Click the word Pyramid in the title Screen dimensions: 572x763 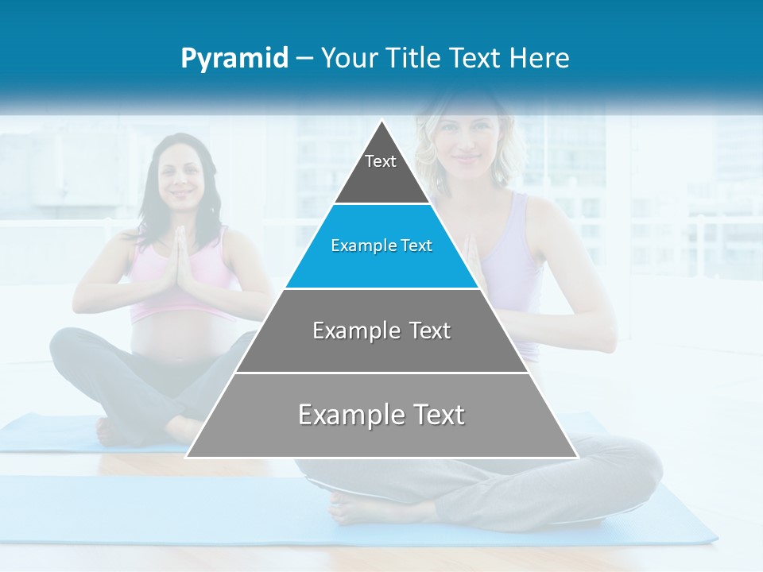[234, 59]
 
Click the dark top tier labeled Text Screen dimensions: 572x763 [381, 171]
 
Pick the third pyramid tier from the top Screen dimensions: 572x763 [381, 330]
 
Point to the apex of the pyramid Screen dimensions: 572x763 [382, 123]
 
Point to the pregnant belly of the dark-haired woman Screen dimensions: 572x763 [171, 338]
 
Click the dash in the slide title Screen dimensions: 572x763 [304, 59]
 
